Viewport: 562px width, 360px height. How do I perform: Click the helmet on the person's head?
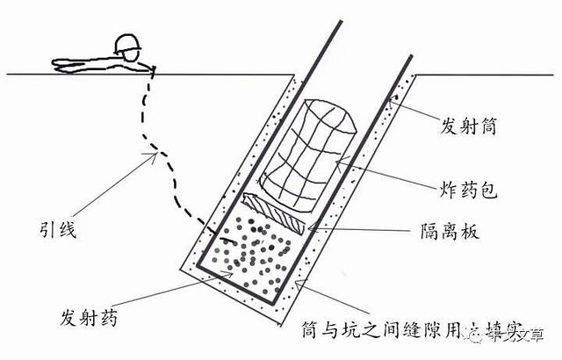pyautogui.click(x=127, y=43)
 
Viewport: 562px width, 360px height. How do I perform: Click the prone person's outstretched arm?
pyautogui.click(x=83, y=63)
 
